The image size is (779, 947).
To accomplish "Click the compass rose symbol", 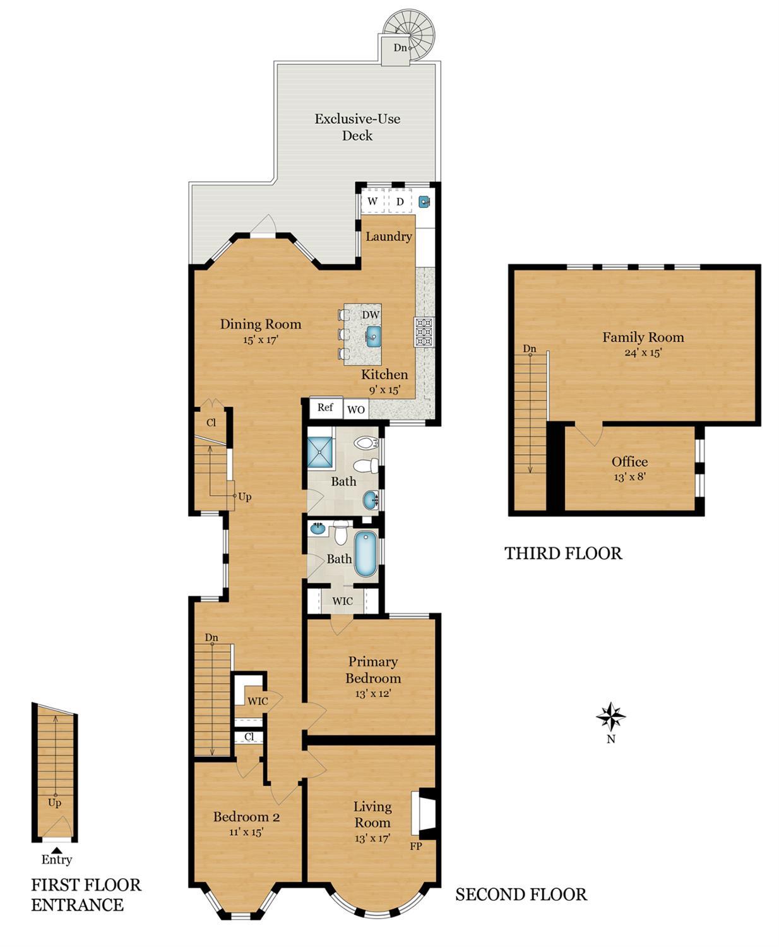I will [610, 716].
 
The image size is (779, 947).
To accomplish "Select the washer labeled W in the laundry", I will [372, 202].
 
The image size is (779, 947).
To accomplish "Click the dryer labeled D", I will [400, 202].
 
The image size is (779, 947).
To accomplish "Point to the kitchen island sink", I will [373, 335].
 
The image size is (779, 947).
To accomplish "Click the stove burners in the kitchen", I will [424, 332].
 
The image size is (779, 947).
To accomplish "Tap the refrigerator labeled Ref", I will [325, 407].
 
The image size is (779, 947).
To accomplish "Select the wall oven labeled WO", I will [355, 409].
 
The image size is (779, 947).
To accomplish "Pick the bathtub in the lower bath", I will [365, 554].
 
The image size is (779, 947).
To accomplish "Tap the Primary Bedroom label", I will [372, 670].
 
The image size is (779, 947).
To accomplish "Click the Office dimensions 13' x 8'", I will [629, 476].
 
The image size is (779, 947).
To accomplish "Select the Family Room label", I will [643, 337].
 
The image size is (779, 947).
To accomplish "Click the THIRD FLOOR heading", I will [563, 553].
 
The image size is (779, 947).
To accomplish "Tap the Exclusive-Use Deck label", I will [357, 127].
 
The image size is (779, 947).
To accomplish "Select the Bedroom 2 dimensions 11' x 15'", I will [246, 832].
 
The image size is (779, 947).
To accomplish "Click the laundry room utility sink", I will [425, 202].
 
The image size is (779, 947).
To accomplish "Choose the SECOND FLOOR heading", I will [521, 895].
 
